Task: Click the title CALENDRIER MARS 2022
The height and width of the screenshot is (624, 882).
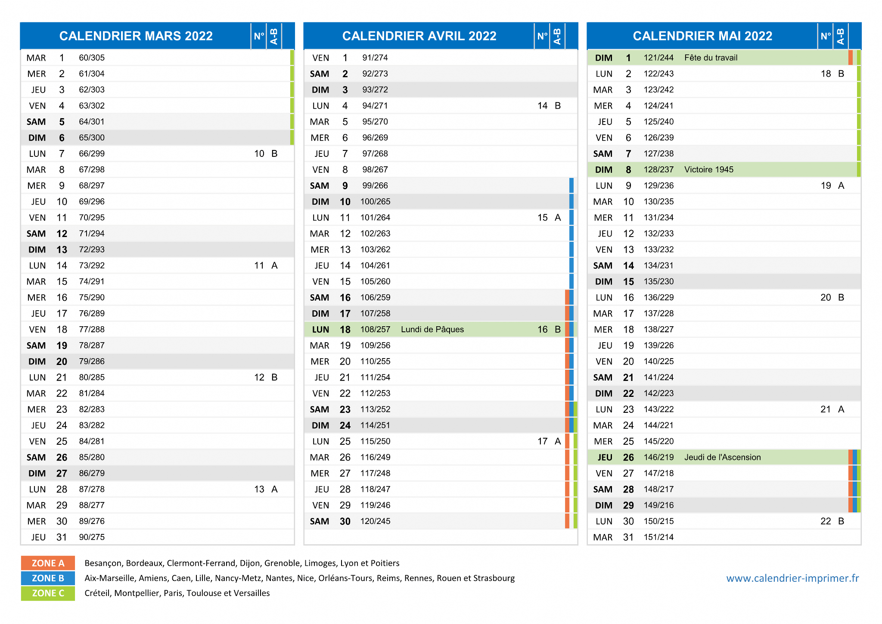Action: (x=136, y=36)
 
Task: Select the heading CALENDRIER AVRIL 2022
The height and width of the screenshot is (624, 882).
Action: (x=419, y=36)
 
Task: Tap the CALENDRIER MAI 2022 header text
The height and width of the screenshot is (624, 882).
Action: (x=702, y=36)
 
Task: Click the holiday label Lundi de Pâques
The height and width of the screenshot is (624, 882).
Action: (x=432, y=330)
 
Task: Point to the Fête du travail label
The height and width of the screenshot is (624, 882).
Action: (x=711, y=58)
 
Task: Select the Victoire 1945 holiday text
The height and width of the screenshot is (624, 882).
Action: (x=708, y=170)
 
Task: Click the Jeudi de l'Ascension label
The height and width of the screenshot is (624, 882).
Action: (x=722, y=457)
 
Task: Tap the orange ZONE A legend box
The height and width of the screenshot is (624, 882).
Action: (x=48, y=563)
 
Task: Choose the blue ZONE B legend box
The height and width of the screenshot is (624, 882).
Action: (x=48, y=578)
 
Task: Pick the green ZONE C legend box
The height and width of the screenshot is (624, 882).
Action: (x=48, y=593)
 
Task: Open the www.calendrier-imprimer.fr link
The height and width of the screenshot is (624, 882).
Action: (x=792, y=578)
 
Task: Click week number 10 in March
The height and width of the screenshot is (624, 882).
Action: (x=259, y=154)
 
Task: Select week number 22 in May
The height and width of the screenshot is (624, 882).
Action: (x=826, y=521)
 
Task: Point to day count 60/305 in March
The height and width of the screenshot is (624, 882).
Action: (x=92, y=58)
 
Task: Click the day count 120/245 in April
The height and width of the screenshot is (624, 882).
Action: (x=375, y=521)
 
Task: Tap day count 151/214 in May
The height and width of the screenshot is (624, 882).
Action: (x=658, y=537)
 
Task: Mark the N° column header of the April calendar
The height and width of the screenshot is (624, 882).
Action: (x=542, y=36)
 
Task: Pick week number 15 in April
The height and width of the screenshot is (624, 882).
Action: (x=542, y=218)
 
